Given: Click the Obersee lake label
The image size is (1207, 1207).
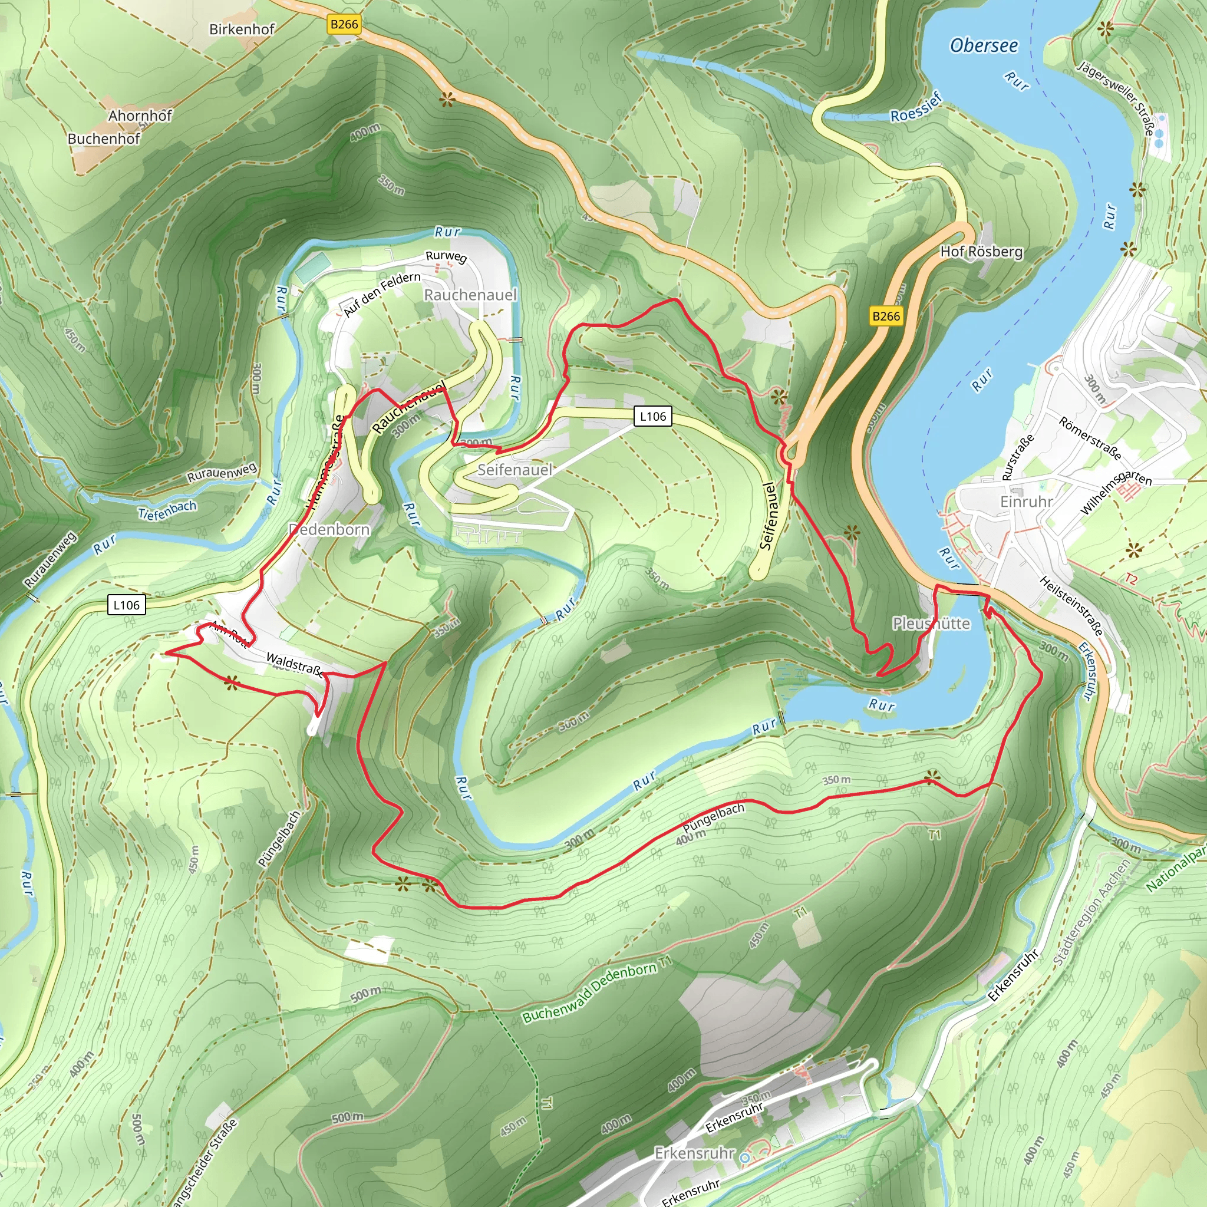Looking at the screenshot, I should click(984, 45).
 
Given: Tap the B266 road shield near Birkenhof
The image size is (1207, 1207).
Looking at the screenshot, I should click(344, 24).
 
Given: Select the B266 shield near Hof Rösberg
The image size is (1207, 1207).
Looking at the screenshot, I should click(886, 316).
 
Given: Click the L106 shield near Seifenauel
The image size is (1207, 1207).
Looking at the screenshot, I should click(653, 416).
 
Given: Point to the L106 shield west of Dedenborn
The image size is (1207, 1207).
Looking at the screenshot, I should click(126, 605).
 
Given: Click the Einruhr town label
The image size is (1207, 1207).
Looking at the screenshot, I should click(1026, 502).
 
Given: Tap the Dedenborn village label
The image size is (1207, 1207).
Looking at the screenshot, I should click(329, 530).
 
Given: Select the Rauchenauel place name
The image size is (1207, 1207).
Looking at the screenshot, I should click(470, 294).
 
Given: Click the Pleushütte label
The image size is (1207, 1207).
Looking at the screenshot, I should click(931, 624).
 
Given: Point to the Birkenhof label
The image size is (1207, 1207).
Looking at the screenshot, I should click(242, 29).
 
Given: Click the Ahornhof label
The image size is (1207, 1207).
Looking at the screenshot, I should click(140, 116).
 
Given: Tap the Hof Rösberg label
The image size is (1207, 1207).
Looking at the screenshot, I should click(981, 252).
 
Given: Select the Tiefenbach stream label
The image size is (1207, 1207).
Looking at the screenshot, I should click(167, 510).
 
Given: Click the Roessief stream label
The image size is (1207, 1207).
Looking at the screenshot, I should click(915, 107).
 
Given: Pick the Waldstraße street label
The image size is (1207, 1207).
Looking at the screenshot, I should click(295, 665).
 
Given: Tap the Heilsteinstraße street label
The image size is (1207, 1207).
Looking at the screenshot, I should click(1071, 606).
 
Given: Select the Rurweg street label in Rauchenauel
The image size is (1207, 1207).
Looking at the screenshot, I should click(446, 257).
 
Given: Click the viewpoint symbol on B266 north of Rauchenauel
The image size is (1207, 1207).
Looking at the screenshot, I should click(446, 100).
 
